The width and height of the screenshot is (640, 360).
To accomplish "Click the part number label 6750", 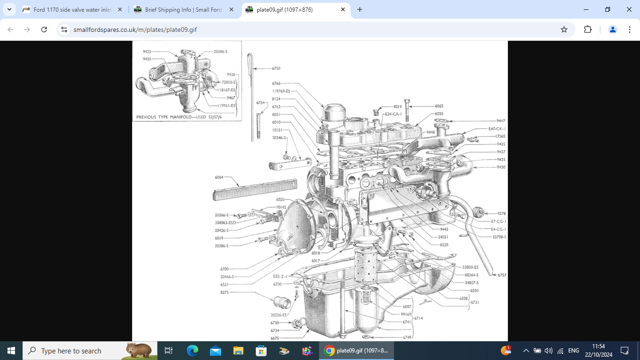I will (x=276, y=68).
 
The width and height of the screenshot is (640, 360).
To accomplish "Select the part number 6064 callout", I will (x=219, y=178).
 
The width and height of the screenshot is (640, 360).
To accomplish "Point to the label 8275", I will (x=224, y=292).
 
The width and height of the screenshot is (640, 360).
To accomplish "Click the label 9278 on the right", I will (x=501, y=213).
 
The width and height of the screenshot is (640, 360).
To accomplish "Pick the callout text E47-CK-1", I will (x=497, y=128).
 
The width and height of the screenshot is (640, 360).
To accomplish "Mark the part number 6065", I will (x=439, y=106).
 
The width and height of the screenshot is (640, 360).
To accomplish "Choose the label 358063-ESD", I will (x=225, y=223).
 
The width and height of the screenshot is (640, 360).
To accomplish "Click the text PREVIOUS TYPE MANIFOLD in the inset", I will (x=164, y=117).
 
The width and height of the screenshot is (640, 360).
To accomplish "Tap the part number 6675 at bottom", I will (x=275, y=338).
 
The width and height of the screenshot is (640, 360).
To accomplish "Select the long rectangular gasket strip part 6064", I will (x=255, y=189).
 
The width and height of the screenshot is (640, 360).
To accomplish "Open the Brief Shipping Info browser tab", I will (x=183, y=9).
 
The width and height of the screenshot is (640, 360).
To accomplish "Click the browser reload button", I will (x=44, y=30).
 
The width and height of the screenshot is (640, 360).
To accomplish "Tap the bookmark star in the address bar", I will (x=564, y=30).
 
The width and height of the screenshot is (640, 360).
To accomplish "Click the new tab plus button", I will (x=360, y=9).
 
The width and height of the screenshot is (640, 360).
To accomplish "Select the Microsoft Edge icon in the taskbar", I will (x=193, y=351).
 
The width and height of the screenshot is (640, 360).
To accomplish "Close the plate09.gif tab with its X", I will (x=343, y=9).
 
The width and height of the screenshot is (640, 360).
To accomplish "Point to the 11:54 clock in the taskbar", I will (x=598, y=346).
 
